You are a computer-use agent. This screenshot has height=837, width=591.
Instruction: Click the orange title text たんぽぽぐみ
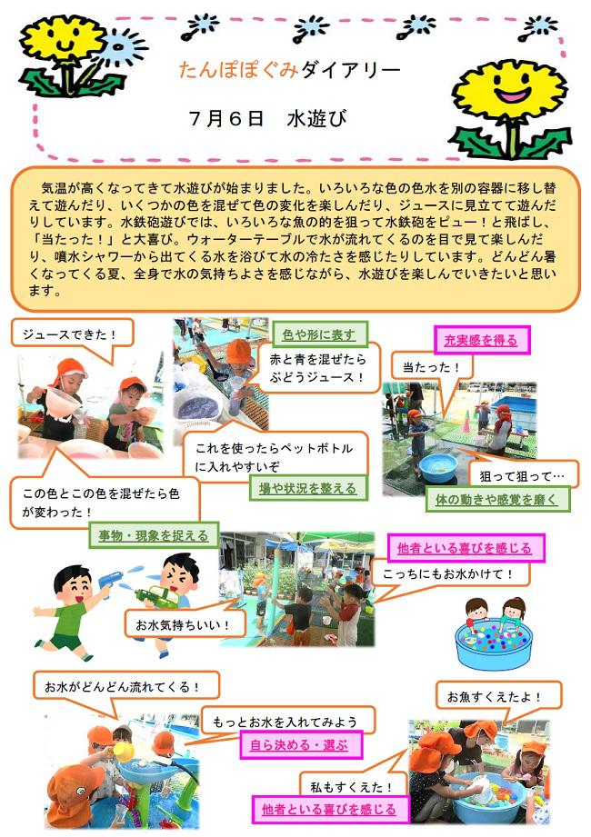[x=238, y=70]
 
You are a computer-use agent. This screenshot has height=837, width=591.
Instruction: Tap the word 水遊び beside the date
[x=316, y=118]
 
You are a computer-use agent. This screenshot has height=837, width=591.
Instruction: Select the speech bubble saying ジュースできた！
[x=72, y=334]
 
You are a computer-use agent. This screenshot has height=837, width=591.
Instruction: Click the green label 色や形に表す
[x=319, y=334]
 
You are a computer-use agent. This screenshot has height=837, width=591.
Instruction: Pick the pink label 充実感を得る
[x=481, y=340]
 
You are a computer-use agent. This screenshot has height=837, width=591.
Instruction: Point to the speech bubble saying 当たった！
[x=431, y=367]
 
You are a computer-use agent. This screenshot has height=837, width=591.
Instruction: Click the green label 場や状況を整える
[x=308, y=488]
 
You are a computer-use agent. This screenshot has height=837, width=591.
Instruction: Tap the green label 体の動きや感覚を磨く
[x=497, y=500]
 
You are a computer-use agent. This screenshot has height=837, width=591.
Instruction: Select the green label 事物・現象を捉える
[x=154, y=535]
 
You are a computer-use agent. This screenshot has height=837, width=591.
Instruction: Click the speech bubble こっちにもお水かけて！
[x=448, y=574]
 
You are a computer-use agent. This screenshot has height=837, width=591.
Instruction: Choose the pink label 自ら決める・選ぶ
[x=300, y=745]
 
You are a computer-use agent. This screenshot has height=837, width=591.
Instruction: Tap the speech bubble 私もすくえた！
[x=353, y=786]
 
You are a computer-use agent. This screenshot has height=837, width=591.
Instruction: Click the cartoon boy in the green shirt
[x=66, y=610]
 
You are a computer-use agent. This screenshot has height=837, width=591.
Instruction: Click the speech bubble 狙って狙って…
[x=522, y=475]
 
